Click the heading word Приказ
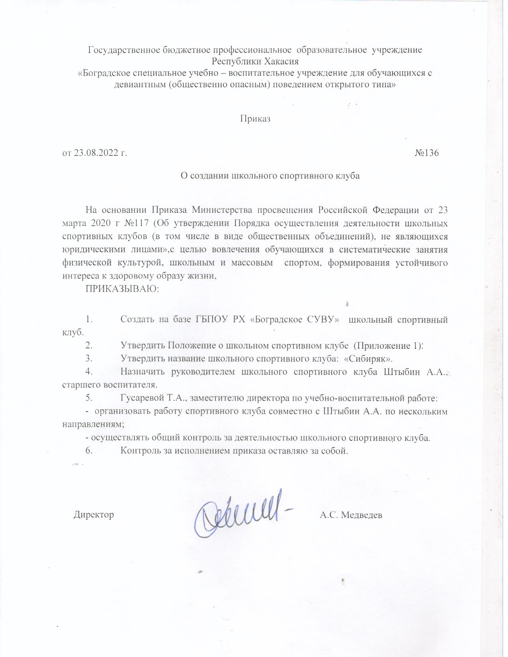[x=255, y=119]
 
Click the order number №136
[x=427, y=153]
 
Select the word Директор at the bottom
[x=94, y=514]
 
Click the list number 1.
[x=89, y=319]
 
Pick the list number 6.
[x=89, y=451]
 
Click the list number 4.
[x=89, y=372]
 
